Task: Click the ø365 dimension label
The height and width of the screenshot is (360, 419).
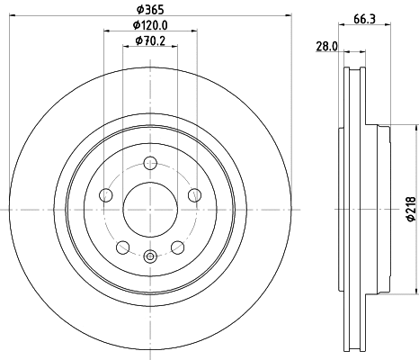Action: point(149,8)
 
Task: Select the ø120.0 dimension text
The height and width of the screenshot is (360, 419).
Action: point(149,25)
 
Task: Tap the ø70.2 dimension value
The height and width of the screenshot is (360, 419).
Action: point(149,40)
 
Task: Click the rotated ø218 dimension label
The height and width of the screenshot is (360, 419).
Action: point(409,209)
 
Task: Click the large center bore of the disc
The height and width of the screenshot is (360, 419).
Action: point(149,210)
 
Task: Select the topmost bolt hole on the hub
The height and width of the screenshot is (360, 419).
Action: point(149,165)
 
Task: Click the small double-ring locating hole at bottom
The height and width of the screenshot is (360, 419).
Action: point(149,257)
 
